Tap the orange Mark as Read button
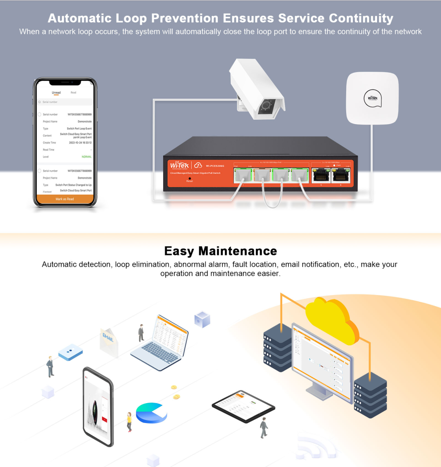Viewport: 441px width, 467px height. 65,199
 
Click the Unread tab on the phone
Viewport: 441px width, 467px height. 56,92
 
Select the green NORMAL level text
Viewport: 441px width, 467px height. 86,157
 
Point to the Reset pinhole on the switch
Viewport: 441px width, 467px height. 190,178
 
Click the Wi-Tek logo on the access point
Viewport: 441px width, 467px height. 373,98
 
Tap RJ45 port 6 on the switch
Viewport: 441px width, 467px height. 340,176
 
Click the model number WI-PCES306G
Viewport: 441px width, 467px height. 215,165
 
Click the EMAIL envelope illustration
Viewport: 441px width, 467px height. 108,341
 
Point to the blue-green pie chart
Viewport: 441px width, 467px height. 151,413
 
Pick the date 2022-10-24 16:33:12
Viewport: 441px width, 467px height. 80,143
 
